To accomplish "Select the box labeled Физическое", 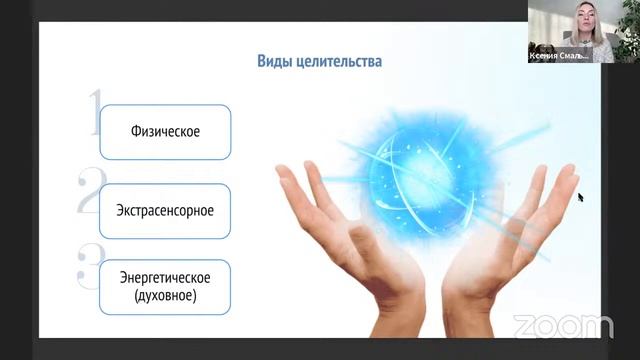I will pos(165,130).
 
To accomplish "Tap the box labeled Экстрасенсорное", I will pos(165,210).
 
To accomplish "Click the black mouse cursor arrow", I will pos(580,196).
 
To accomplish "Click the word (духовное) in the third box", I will pos(165,297).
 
